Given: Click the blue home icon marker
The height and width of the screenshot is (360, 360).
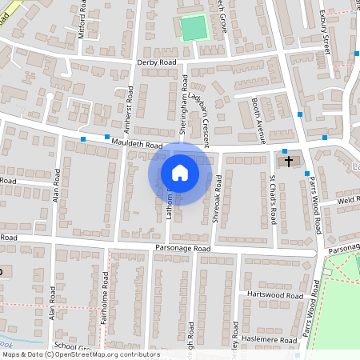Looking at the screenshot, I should click(180, 173).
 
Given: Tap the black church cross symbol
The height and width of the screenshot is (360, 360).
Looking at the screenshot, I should click(289, 162).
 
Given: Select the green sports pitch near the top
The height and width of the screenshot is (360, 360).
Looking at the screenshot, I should click(192, 29).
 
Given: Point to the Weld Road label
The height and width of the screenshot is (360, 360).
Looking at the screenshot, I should click(348, 200).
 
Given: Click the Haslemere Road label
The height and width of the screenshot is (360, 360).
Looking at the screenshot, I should click(274, 339).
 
